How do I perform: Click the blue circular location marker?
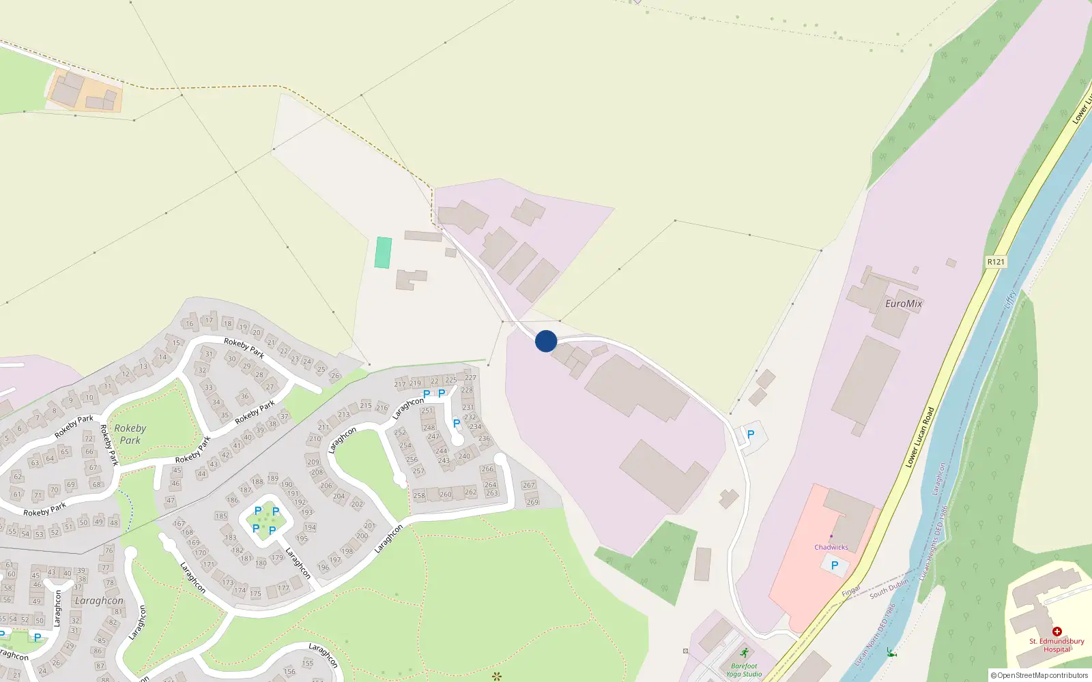[546, 341]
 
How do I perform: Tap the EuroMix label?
[903, 303]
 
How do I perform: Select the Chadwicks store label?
[831, 547]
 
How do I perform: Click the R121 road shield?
[996, 262]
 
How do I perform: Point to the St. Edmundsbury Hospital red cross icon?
[1057, 632]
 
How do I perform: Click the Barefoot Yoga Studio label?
[743, 670]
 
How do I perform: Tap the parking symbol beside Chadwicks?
[834, 565]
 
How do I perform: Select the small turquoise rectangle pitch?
[384, 252]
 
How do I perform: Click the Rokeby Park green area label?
[130, 434]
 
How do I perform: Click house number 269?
[532, 502]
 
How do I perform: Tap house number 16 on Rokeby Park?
[190, 323]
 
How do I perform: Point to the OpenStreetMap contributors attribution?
[1039, 675]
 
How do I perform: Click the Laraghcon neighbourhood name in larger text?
[99, 601]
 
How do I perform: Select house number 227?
[471, 377]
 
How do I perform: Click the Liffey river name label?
[1010, 299]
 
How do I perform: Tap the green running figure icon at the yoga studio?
[744, 653]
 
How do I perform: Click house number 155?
[308, 663]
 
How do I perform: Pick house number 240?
[464, 456]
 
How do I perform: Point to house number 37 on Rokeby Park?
[285, 416]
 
